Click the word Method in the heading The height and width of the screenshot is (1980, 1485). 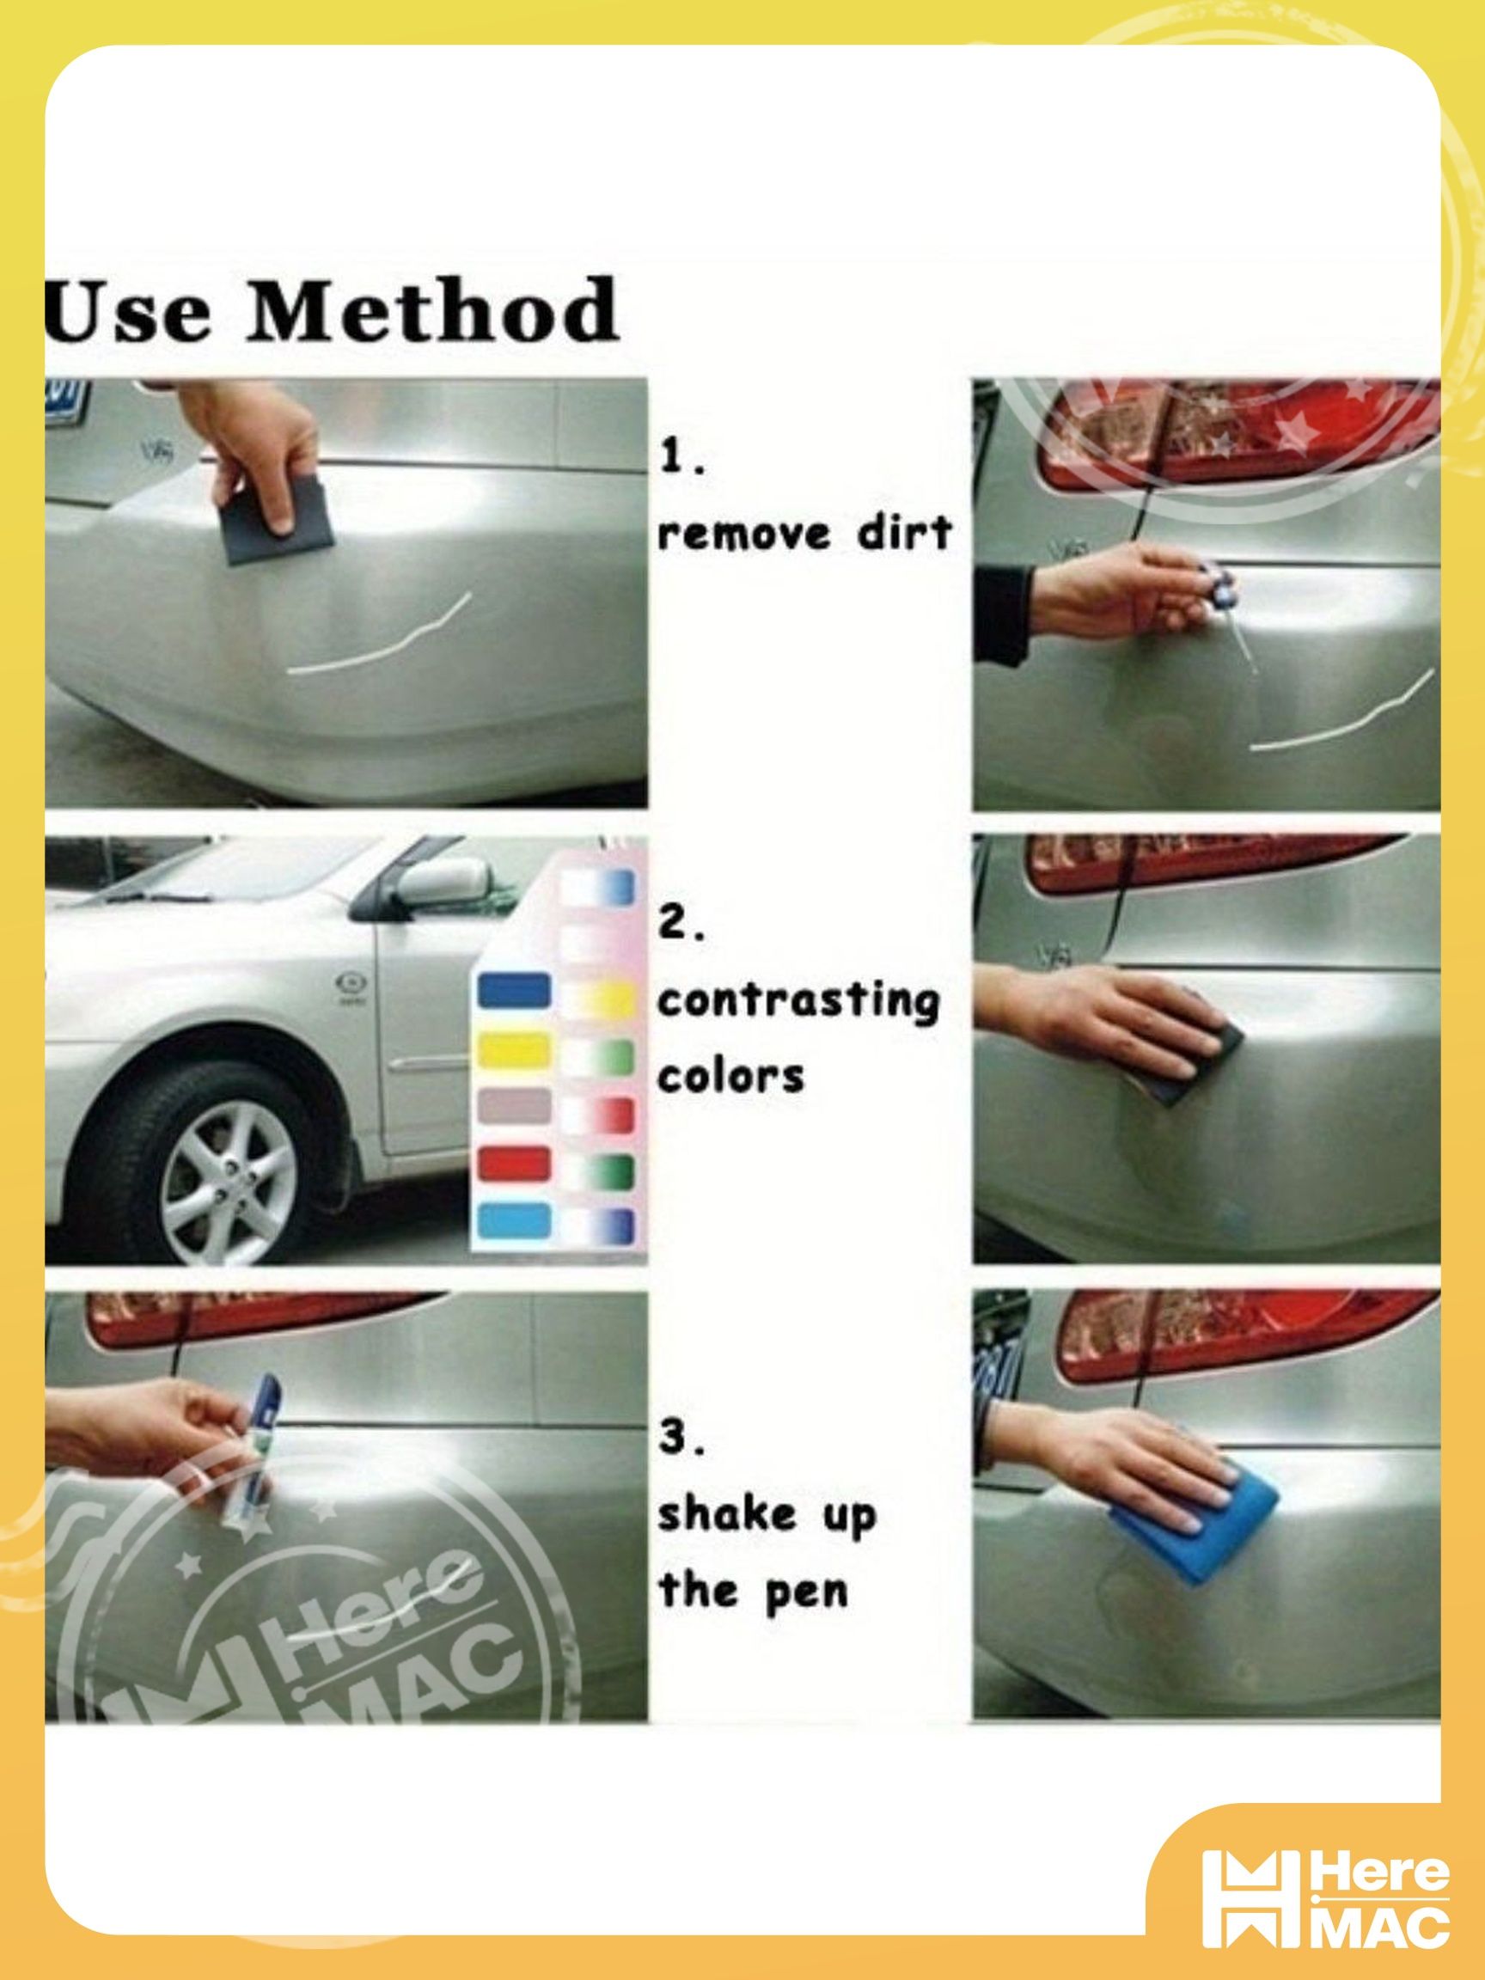tap(431, 310)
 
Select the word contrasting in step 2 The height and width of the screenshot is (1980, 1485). tap(798, 1002)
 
